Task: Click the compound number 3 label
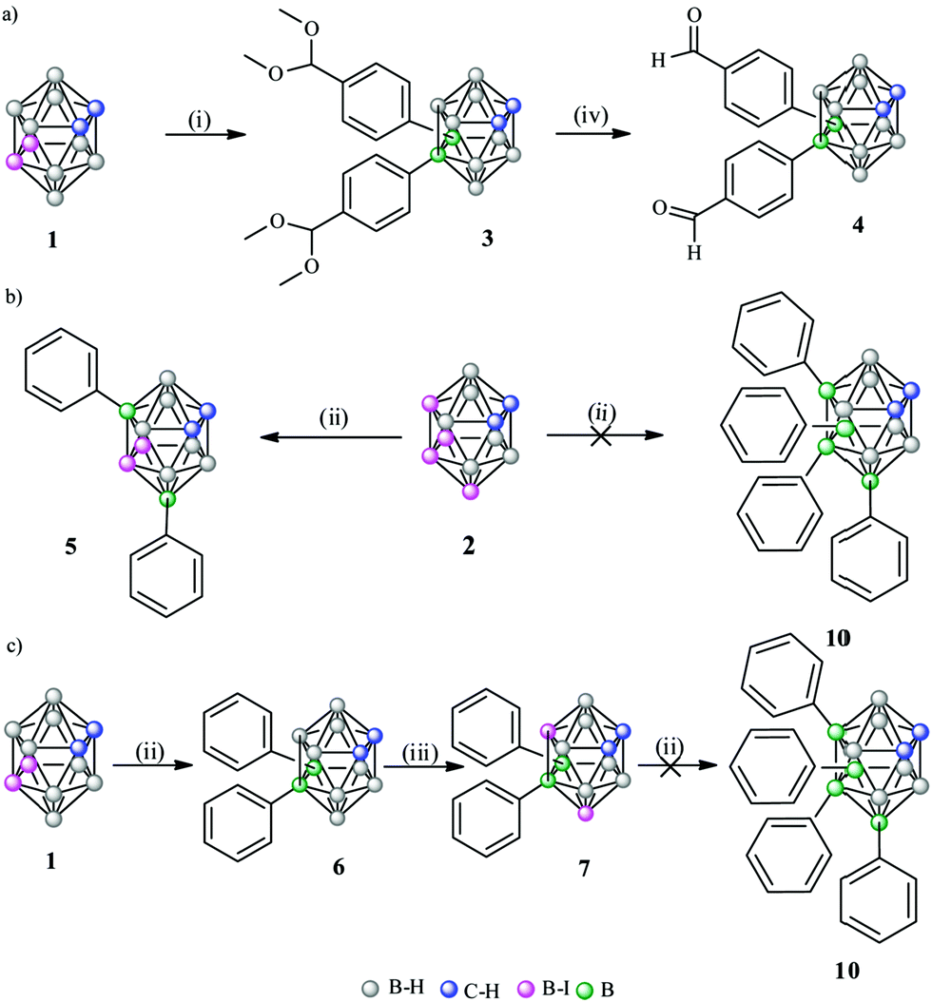click(x=487, y=239)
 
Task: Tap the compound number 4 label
click(x=857, y=225)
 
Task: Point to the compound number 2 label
click(x=469, y=546)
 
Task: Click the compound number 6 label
click(x=339, y=866)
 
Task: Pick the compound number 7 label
click(x=584, y=868)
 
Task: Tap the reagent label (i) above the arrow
click(x=200, y=120)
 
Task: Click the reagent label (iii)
click(x=420, y=754)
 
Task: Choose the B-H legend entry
click(x=393, y=988)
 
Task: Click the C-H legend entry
click(x=471, y=990)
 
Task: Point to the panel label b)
click(x=11, y=298)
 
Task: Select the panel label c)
click(x=12, y=646)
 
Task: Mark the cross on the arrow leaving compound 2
click(x=599, y=435)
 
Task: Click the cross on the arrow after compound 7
click(x=669, y=765)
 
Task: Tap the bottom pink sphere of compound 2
click(x=471, y=491)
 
